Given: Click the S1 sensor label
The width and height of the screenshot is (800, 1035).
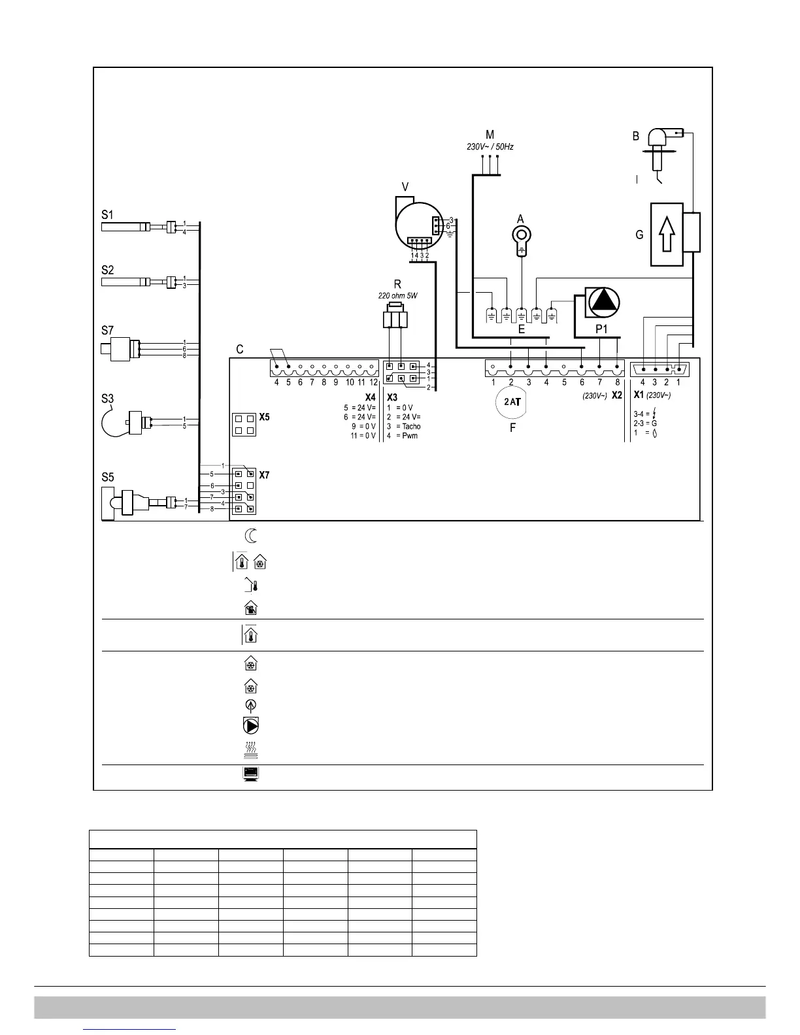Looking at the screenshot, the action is click(x=107, y=214).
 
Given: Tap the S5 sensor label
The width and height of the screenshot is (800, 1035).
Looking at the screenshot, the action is click(x=108, y=478).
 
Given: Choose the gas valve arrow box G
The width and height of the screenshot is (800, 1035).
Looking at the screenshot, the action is click(x=667, y=234).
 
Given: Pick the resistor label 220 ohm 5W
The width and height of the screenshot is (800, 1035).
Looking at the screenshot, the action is click(x=397, y=296).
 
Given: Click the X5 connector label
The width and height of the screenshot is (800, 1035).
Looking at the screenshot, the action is click(x=265, y=416).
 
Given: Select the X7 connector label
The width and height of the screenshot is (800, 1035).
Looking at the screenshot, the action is click(x=265, y=475).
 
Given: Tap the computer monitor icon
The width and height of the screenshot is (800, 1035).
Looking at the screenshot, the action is click(x=248, y=775).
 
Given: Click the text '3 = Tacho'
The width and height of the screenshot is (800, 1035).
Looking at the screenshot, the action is click(x=404, y=426).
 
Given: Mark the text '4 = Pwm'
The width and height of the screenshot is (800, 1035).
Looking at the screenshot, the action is click(x=402, y=435).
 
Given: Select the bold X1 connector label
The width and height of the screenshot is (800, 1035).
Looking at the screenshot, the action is click(x=639, y=395).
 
